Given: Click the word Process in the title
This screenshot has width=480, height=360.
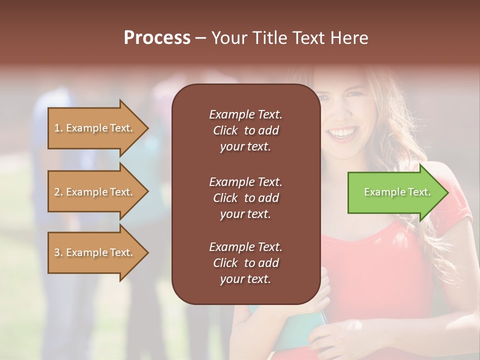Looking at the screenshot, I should point(157,38).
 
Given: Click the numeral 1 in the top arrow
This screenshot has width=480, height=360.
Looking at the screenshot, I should point(57,128).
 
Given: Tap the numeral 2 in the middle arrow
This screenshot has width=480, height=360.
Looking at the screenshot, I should point(57,192).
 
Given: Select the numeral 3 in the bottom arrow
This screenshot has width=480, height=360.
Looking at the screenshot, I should point(57,252).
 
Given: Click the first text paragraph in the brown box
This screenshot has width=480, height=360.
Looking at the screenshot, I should point(245,130).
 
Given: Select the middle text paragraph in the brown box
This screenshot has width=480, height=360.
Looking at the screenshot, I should point(245,198).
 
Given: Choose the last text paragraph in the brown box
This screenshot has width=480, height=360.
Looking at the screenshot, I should point(245,263).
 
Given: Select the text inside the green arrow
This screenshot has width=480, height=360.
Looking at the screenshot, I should point(397,192).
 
